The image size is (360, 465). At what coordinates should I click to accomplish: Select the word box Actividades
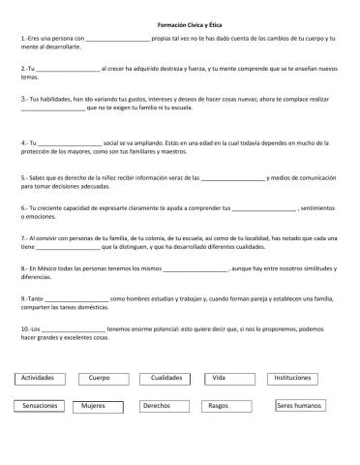(x=40, y=377)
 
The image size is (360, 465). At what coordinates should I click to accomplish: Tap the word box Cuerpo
(x=100, y=377)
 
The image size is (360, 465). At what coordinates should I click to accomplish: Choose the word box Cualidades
(x=166, y=377)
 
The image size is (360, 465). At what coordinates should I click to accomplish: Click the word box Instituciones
(x=293, y=377)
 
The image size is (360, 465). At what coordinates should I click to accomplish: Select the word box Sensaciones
(x=40, y=406)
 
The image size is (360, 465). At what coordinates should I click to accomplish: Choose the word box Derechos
(x=157, y=406)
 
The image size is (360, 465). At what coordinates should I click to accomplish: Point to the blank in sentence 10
(x=73, y=328)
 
